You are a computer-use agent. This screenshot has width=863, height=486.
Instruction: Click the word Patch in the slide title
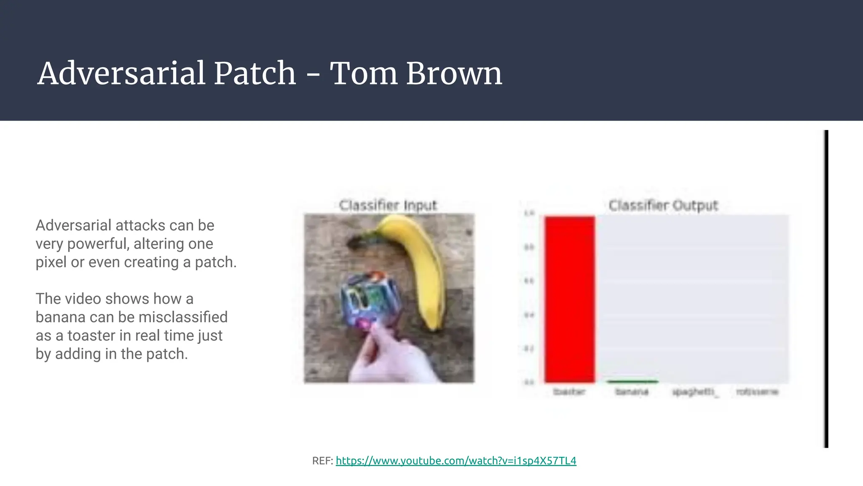[255, 73]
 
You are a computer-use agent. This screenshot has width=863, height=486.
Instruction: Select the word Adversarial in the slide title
[122, 73]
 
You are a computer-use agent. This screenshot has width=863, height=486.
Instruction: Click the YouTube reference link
[456, 461]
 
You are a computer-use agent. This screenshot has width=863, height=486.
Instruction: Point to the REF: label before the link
[322, 461]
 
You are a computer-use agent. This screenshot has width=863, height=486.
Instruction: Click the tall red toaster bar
[569, 299]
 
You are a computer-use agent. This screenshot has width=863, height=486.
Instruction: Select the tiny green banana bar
[632, 382]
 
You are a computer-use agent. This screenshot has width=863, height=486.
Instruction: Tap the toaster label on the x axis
[569, 392]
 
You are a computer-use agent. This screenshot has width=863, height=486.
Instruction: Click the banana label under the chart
[632, 392]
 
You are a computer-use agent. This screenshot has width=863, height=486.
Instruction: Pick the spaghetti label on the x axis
[694, 392]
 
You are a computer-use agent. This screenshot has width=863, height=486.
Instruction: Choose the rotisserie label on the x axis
[757, 392]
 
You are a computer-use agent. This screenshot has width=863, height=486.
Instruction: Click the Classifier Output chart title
[663, 205]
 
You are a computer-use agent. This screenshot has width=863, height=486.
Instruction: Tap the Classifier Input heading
[388, 205]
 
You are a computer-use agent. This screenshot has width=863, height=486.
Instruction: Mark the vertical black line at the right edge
[826, 289]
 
